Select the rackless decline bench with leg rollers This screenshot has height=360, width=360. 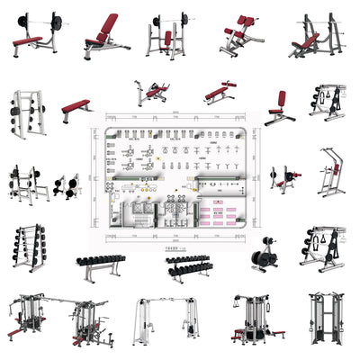(220, 93)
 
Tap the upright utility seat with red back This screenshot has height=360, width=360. (279, 106)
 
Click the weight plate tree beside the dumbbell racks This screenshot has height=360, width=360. (265, 256)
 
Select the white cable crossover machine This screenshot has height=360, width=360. (166, 321)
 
